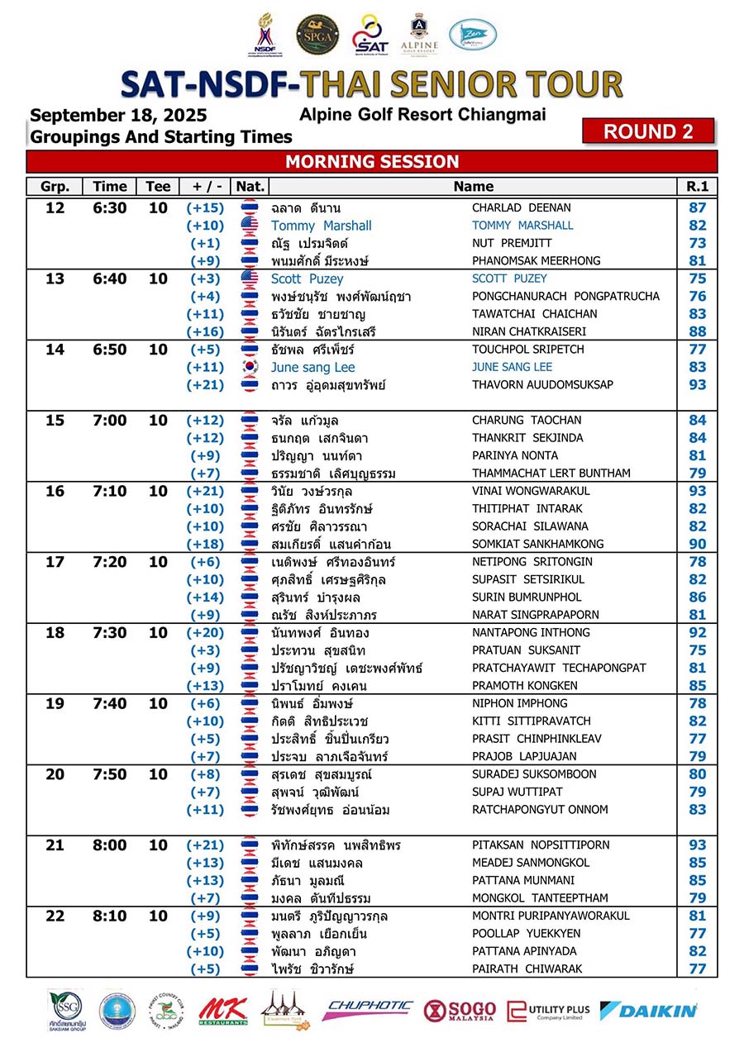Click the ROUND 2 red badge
[x=647, y=131]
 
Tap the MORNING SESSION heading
[x=372, y=161]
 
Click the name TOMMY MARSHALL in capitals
[x=522, y=226]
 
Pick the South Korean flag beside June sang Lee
[x=250, y=367]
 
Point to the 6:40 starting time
[x=110, y=278]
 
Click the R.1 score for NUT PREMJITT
[x=697, y=243]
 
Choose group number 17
[x=55, y=562]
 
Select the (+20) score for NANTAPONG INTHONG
[x=205, y=633]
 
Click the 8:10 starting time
[x=110, y=916]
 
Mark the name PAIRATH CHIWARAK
[x=527, y=969]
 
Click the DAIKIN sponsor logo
[x=648, y=1010]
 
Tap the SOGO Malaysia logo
[x=460, y=1011]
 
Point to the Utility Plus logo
[x=548, y=1011]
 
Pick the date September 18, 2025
[x=118, y=116]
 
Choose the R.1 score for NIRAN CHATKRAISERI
[x=697, y=331]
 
